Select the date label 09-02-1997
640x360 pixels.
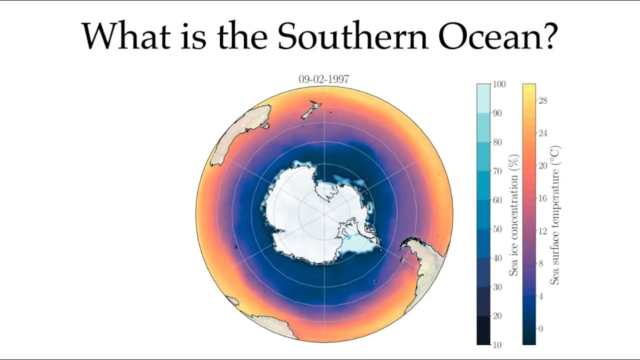click(324, 79)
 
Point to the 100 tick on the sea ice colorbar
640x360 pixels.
click(499, 84)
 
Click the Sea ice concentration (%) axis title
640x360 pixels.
click(513, 215)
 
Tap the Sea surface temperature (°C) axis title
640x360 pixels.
click(555, 215)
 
